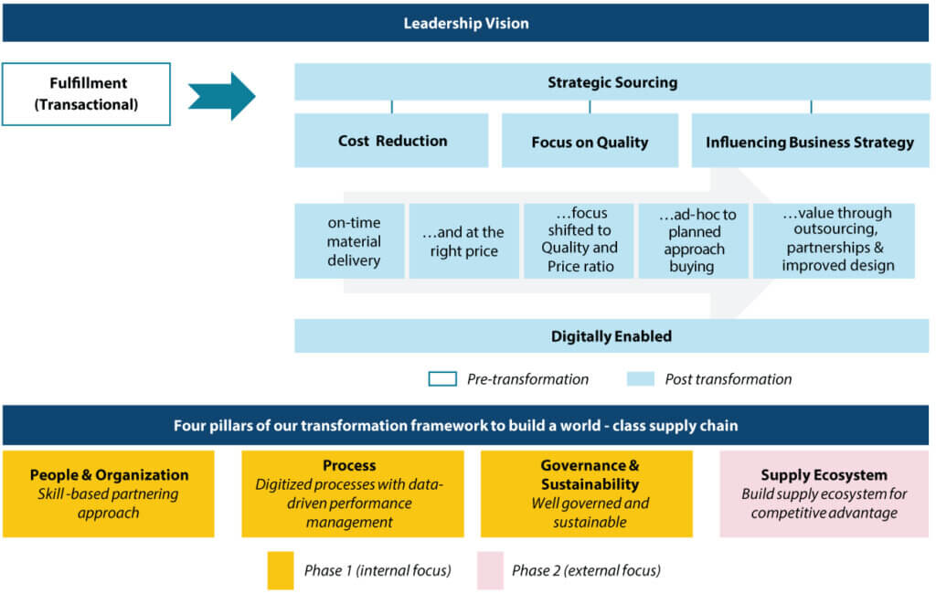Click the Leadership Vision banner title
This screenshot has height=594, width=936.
pyautogui.click(x=466, y=24)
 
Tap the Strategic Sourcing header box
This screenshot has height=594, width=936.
pyautogui.click(x=612, y=82)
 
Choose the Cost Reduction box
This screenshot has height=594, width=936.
pyautogui.click(x=391, y=141)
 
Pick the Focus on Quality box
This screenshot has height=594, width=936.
pyautogui.click(x=590, y=142)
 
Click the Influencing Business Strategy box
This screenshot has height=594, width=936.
pyautogui.click(x=810, y=142)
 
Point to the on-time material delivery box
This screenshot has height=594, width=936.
pyautogui.click(x=353, y=241)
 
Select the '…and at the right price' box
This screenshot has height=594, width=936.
pyautogui.click(x=463, y=241)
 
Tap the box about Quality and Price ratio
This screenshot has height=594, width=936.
pyautogui.click(x=578, y=241)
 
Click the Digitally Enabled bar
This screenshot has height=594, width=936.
pyautogui.click(x=612, y=336)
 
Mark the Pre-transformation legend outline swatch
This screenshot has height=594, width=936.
pyautogui.click(x=442, y=379)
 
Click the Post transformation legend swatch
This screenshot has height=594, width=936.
pyautogui.click(x=641, y=379)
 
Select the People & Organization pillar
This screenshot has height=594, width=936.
pyautogui.click(x=109, y=493)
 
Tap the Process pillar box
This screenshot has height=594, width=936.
pyautogui.click(x=352, y=493)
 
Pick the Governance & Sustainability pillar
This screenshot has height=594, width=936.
pyautogui.click(x=589, y=493)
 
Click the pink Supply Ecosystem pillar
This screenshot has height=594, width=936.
pyautogui.click(x=824, y=493)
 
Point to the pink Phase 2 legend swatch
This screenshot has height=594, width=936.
pyautogui.click(x=490, y=570)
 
